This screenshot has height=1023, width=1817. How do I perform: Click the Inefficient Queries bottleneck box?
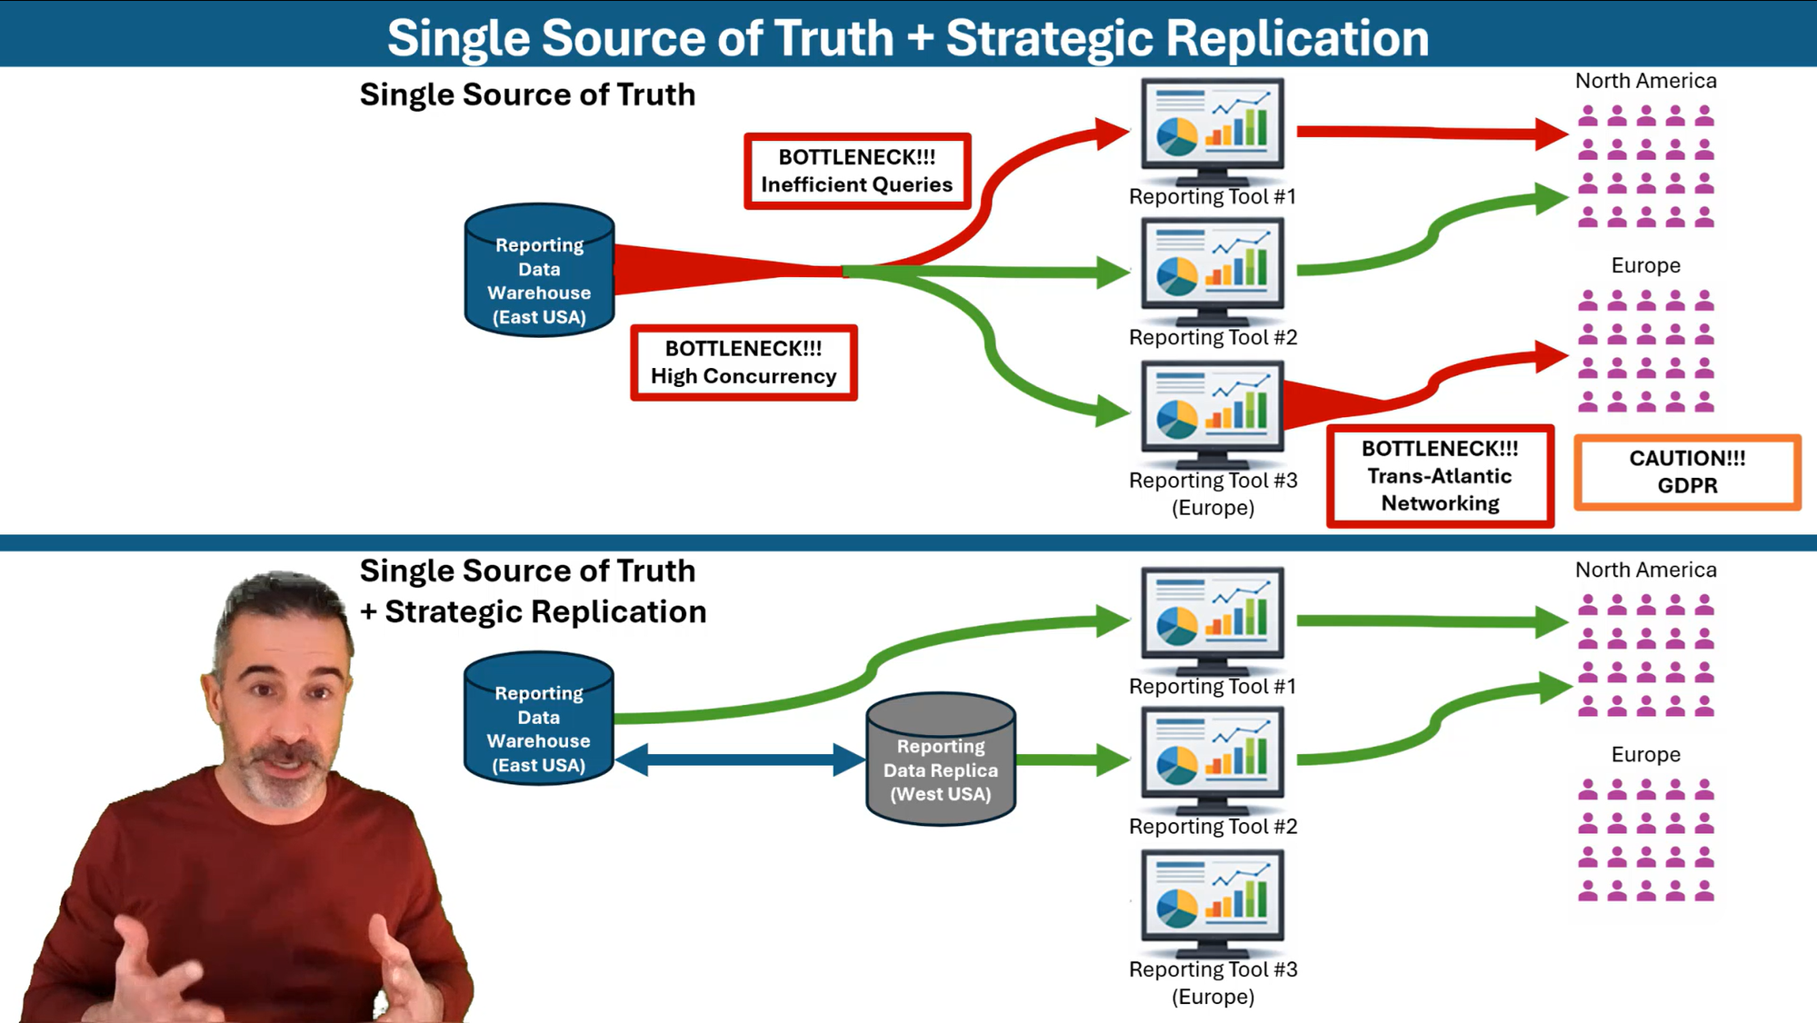pyautogui.click(x=857, y=171)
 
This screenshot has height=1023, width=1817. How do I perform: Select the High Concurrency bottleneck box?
pyautogui.click(x=744, y=363)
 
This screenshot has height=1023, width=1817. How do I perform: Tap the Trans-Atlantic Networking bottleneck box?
pyautogui.click(x=1440, y=476)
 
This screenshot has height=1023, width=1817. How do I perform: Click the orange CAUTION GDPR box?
pyautogui.click(x=1687, y=472)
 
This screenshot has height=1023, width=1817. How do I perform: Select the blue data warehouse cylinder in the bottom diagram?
pyautogui.click(x=539, y=719)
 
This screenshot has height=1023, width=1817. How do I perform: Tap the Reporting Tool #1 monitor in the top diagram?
pyautogui.click(x=1212, y=128)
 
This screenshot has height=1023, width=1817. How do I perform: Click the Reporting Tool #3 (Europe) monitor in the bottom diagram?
pyautogui.click(x=1212, y=899)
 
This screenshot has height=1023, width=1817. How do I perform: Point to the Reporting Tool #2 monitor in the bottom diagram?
pyautogui.click(x=1212, y=759)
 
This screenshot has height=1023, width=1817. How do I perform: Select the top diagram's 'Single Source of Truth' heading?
pyautogui.click(x=527, y=94)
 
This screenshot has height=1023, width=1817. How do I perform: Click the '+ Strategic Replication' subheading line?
pyautogui.click(x=534, y=611)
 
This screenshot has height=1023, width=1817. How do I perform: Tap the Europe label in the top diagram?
pyautogui.click(x=1645, y=265)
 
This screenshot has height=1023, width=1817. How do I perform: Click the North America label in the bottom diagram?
pyautogui.click(x=1645, y=570)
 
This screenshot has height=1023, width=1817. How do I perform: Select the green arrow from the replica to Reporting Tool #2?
pyautogui.click(x=1071, y=760)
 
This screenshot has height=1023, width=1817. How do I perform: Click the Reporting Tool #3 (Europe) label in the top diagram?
pyautogui.click(x=1213, y=493)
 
